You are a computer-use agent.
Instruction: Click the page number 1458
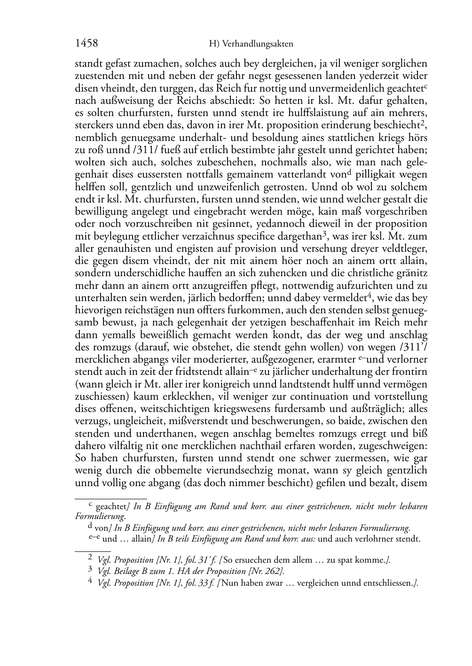87,43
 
